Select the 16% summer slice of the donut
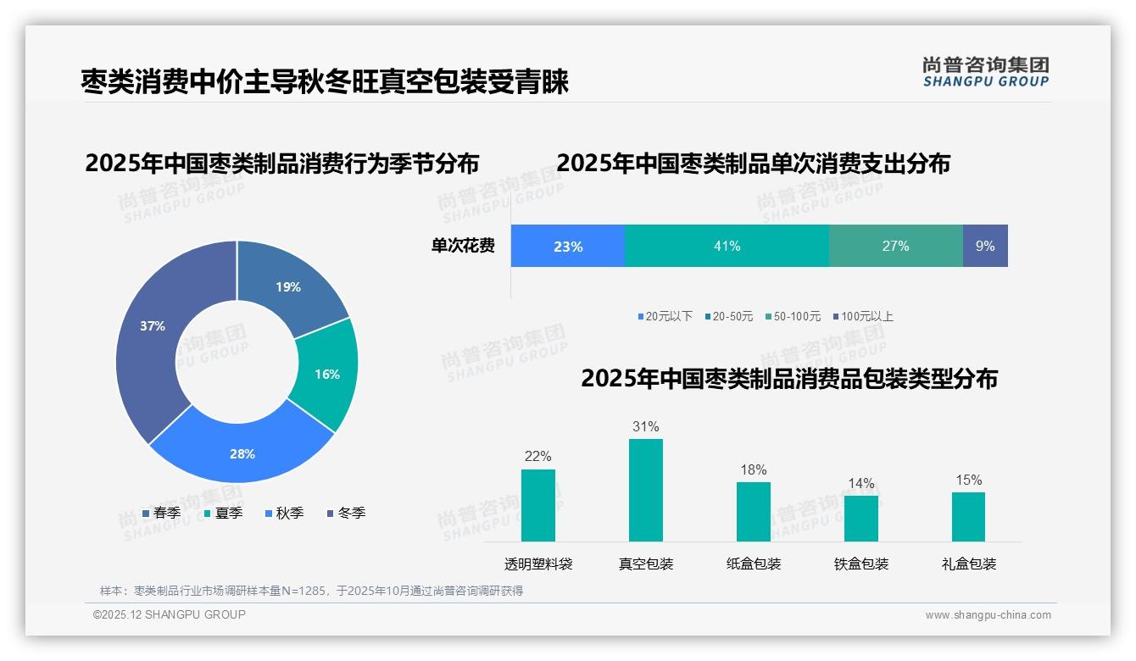point(326,374)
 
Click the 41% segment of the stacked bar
point(727,246)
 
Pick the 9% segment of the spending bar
point(985,246)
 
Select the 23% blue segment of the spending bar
point(568,246)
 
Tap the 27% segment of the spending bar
point(895,246)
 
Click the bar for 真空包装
point(646,490)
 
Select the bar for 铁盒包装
point(861,518)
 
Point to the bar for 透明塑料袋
point(538,505)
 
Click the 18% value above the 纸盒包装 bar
point(753,469)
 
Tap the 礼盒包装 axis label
point(969,564)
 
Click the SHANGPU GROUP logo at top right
point(986,71)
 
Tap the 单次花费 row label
point(463,246)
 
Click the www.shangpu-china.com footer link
point(988,615)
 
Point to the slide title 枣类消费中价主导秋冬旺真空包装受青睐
point(325,81)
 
